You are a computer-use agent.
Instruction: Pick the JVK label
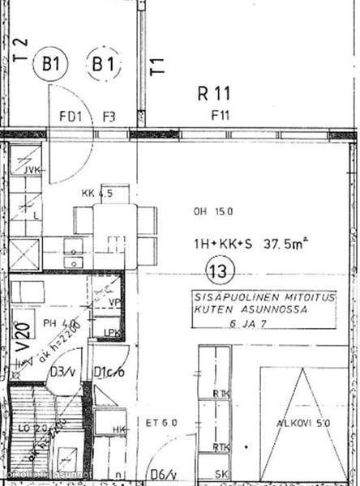click(x=33, y=169)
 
